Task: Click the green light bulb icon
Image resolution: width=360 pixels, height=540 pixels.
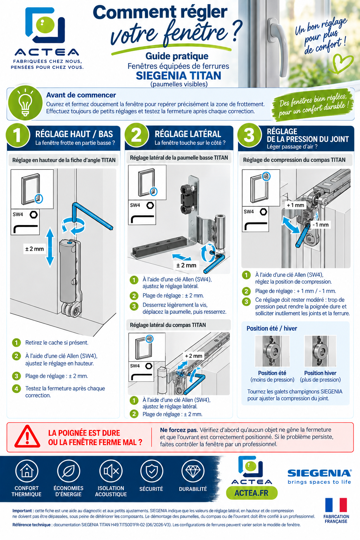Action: (x=25, y=103)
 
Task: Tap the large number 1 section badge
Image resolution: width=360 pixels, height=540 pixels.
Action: (x=18, y=135)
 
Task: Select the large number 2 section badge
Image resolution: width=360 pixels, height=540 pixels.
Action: (x=136, y=135)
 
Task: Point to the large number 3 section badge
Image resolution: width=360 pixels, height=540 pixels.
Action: (x=249, y=135)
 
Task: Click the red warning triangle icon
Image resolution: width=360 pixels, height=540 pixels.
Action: (x=27, y=437)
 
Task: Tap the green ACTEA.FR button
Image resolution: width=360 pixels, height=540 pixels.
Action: (x=251, y=493)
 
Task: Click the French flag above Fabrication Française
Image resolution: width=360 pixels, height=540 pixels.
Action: (x=336, y=505)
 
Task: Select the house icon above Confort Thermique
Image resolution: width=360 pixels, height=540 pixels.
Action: (x=27, y=471)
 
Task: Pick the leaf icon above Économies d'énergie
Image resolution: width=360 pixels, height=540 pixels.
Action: (x=69, y=471)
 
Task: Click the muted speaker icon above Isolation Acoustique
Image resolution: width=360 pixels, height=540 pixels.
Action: (x=111, y=471)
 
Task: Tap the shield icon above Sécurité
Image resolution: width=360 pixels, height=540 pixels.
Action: (x=152, y=471)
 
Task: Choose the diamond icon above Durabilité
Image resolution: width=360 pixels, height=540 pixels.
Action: (x=193, y=471)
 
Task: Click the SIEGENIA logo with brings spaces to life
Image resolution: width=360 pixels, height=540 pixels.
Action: (x=320, y=477)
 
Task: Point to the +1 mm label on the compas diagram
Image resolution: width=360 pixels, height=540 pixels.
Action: (x=295, y=205)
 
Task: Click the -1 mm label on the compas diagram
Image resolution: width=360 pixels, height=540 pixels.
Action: (x=321, y=225)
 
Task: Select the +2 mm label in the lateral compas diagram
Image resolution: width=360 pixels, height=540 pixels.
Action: (x=193, y=356)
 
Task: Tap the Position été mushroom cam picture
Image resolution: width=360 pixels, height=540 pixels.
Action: (x=272, y=351)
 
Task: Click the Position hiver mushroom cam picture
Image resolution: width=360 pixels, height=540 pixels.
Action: (x=320, y=351)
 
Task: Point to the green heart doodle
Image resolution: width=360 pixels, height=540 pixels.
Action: (x=342, y=63)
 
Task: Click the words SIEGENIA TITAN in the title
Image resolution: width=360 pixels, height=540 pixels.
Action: (x=179, y=76)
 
